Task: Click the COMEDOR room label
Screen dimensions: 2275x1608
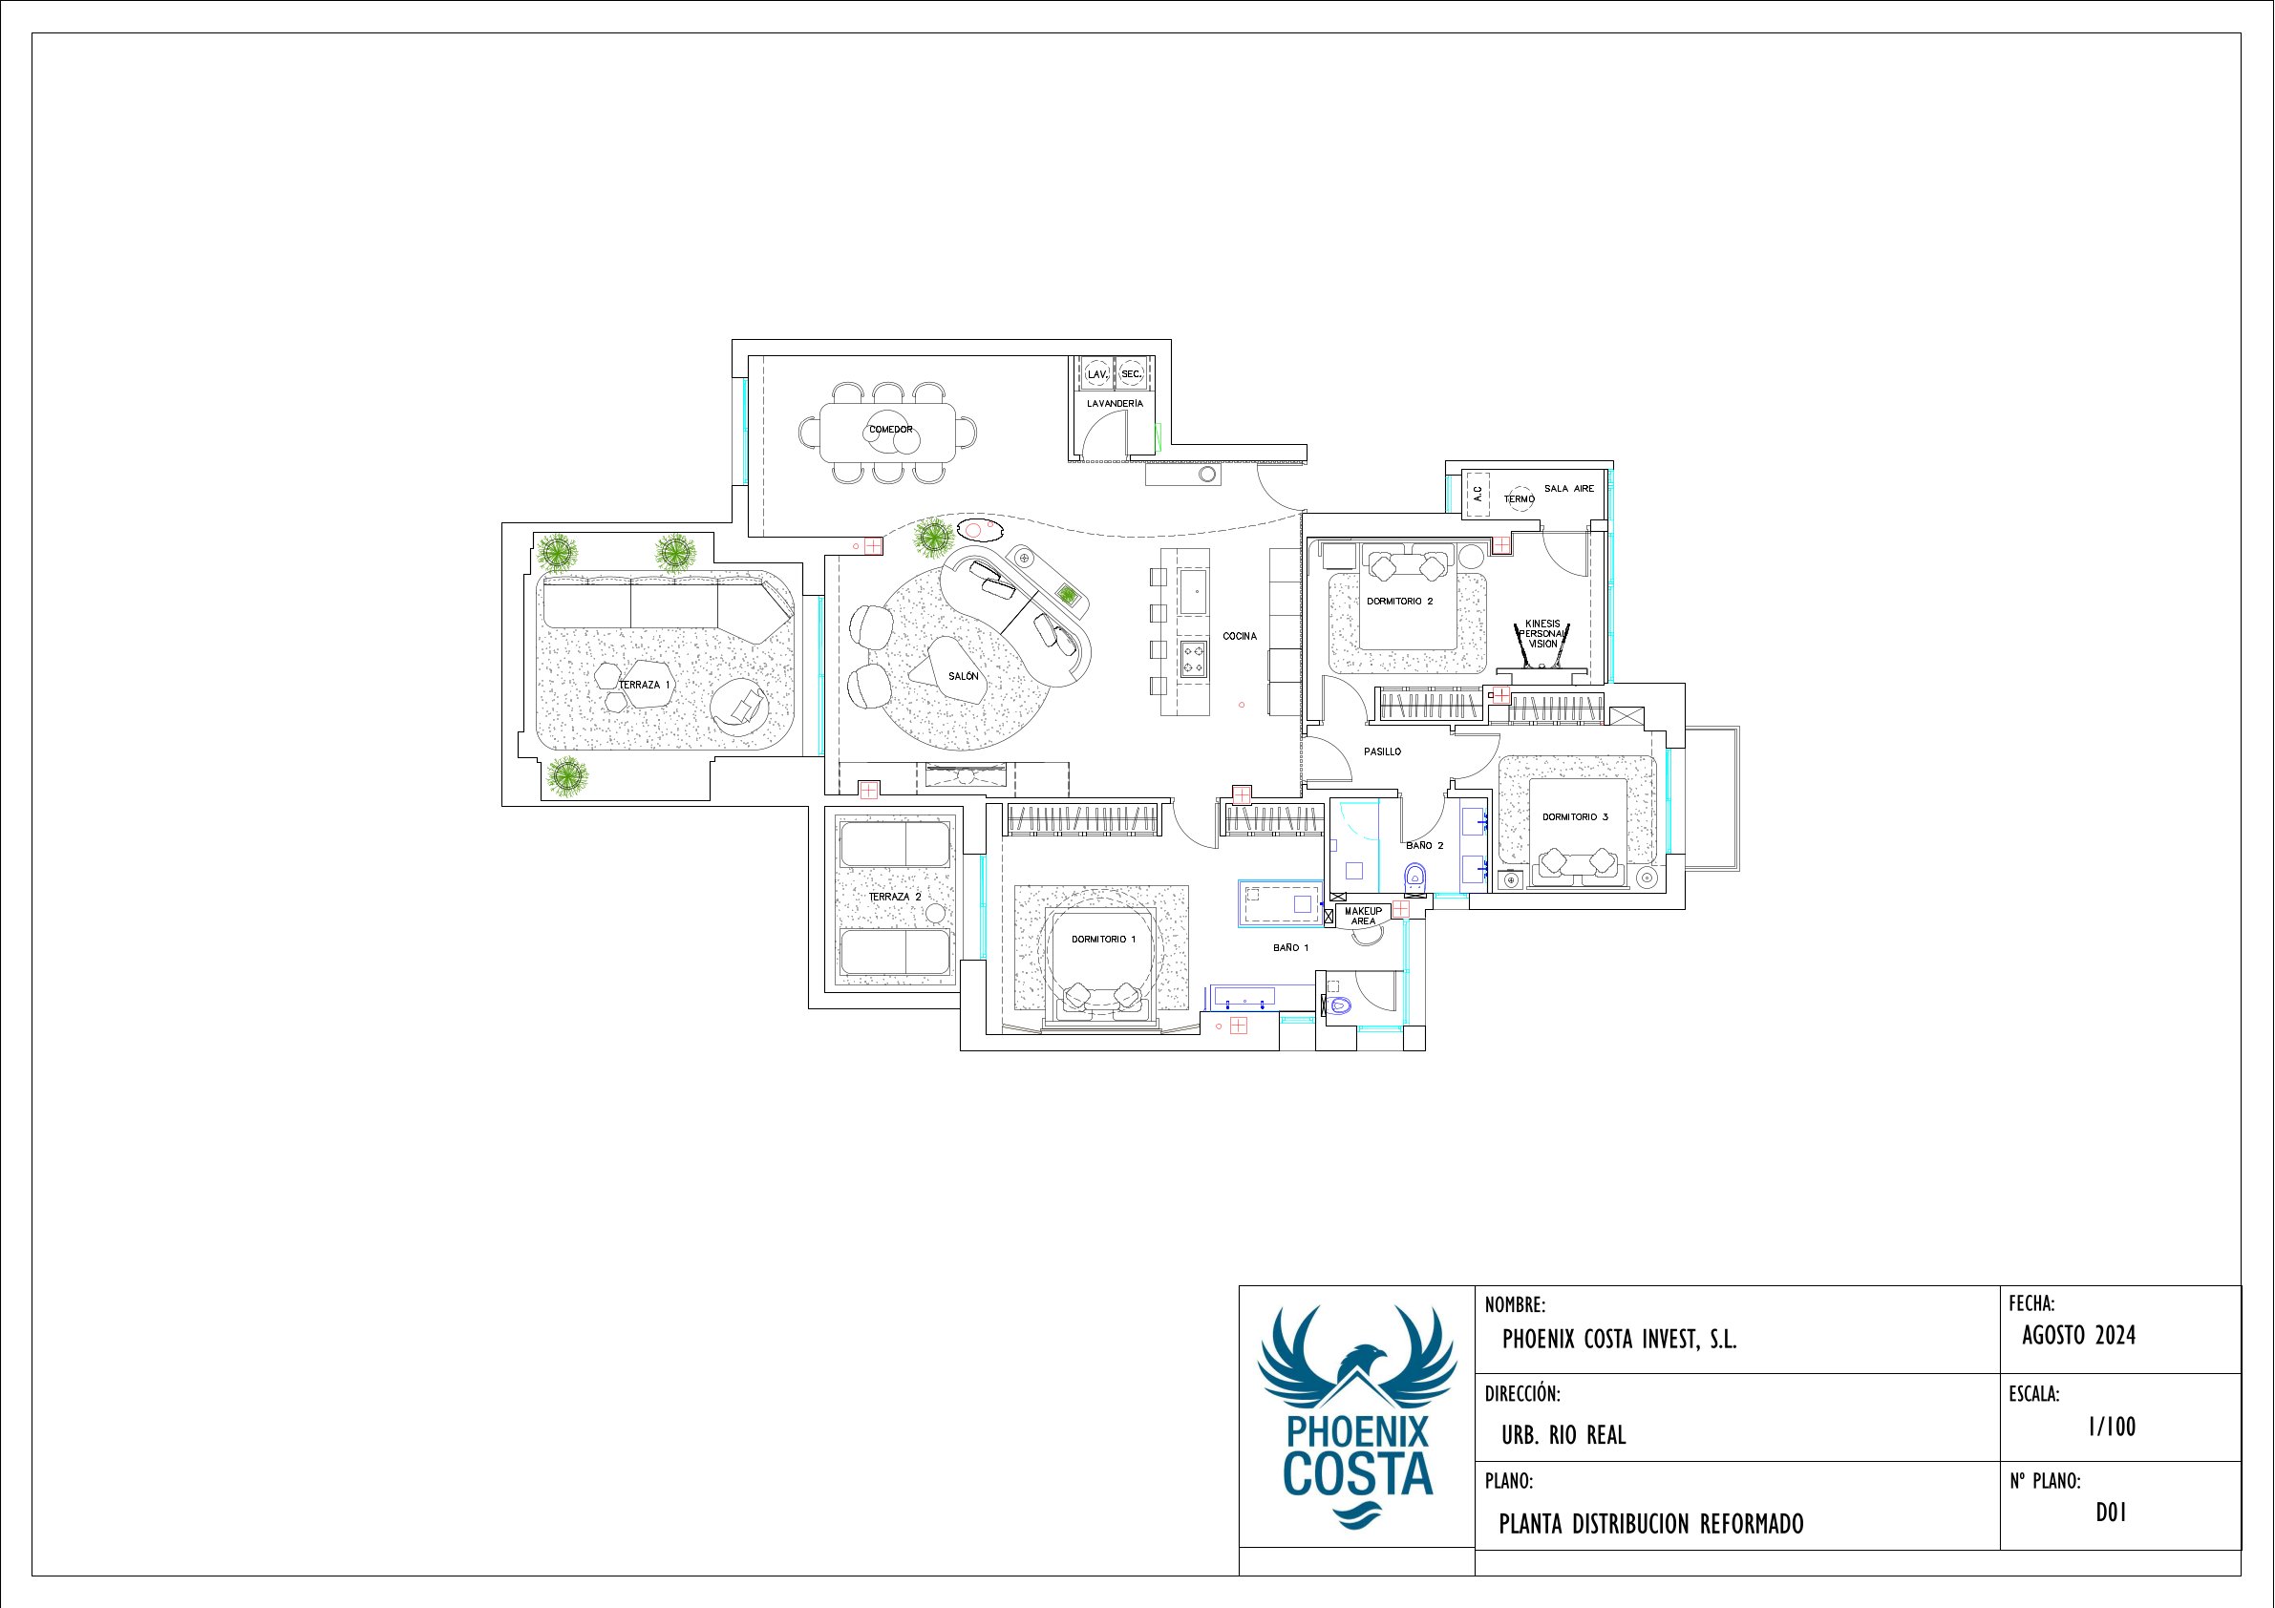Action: coord(891,430)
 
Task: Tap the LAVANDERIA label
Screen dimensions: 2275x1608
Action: coord(1115,404)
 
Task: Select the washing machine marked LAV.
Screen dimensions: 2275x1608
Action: coord(1096,373)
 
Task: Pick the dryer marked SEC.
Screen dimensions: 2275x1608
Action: coord(1131,373)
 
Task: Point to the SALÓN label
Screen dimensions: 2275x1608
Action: coord(963,677)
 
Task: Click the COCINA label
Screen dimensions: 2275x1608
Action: coord(1240,636)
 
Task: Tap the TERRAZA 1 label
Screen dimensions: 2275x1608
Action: coord(645,685)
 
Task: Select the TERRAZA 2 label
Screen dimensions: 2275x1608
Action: coord(895,897)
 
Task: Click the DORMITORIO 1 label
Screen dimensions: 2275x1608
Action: coord(1104,940)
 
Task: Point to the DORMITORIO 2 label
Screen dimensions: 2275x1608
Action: coord(1400,602)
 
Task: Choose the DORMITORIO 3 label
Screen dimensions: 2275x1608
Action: coord(1576,817)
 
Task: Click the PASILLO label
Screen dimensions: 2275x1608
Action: coord(1382,752)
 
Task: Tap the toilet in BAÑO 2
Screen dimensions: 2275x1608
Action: coord(1414,876)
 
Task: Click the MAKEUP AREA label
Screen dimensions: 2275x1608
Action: coord(1364,917)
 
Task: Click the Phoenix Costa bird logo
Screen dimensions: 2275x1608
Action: coord(1356,1418)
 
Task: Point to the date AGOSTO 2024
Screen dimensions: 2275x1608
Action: coord(2079,1336)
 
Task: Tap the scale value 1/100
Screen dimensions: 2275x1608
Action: coord(2112,1427)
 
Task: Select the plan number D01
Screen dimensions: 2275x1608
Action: coord(2112,1513)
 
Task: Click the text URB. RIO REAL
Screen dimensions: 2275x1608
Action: coord(1563,1434)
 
